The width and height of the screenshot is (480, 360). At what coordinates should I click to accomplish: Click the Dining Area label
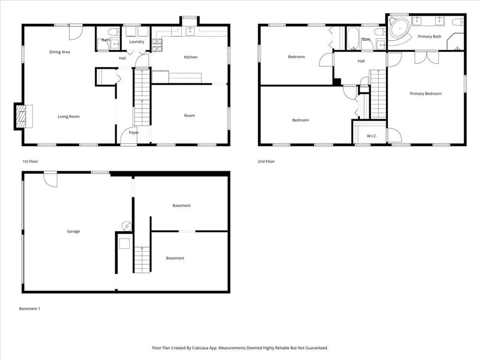(x=60, y=52)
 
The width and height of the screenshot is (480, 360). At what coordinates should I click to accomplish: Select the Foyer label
(x=134, y=133)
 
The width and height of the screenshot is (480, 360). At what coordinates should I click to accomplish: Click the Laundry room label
(x=136, y=42)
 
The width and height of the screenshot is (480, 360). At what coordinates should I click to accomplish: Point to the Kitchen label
(x=190, y=57)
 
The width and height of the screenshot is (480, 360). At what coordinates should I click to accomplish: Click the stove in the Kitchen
(x=157, y=45)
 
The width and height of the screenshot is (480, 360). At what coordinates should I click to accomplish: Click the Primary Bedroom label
(x=426, y=94)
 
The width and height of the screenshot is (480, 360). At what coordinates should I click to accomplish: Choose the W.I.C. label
(x=372, y=136)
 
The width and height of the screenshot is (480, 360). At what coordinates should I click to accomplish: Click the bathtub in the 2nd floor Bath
(x=352, y=38)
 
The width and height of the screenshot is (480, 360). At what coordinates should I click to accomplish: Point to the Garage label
(x=73, y=231)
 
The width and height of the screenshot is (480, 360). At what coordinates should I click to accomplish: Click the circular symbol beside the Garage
(x=127, y=226)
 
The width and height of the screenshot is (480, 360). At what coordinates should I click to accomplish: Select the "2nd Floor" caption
(x=266, y=161)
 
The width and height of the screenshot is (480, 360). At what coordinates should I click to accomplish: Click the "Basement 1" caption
(x=30, y=308)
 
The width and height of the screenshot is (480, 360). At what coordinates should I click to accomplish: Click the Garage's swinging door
(x=51, y=179)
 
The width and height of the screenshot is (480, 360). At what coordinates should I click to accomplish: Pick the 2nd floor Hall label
(x=361, y=61)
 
